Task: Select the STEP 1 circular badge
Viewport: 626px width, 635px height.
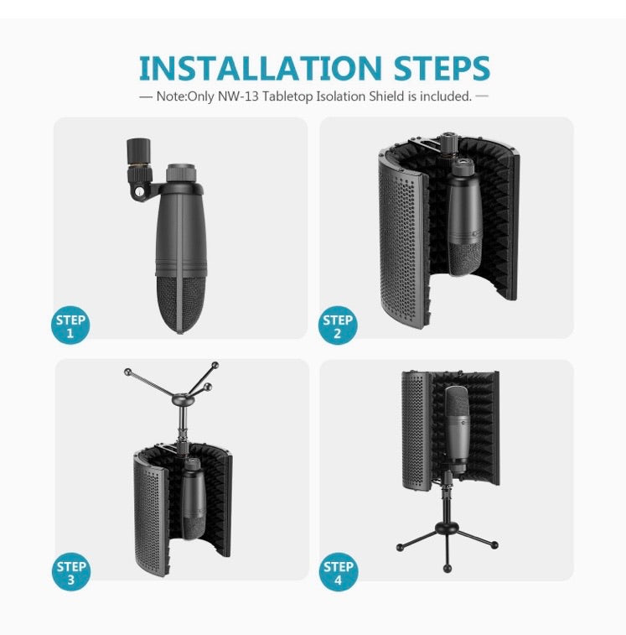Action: point(70,325)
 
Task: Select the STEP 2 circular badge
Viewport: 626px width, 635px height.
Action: point(338,326)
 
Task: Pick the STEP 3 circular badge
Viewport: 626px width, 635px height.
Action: point(71,572)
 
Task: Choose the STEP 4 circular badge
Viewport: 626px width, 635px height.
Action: point(338,572)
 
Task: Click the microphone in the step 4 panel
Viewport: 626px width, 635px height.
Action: point(457,428)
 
